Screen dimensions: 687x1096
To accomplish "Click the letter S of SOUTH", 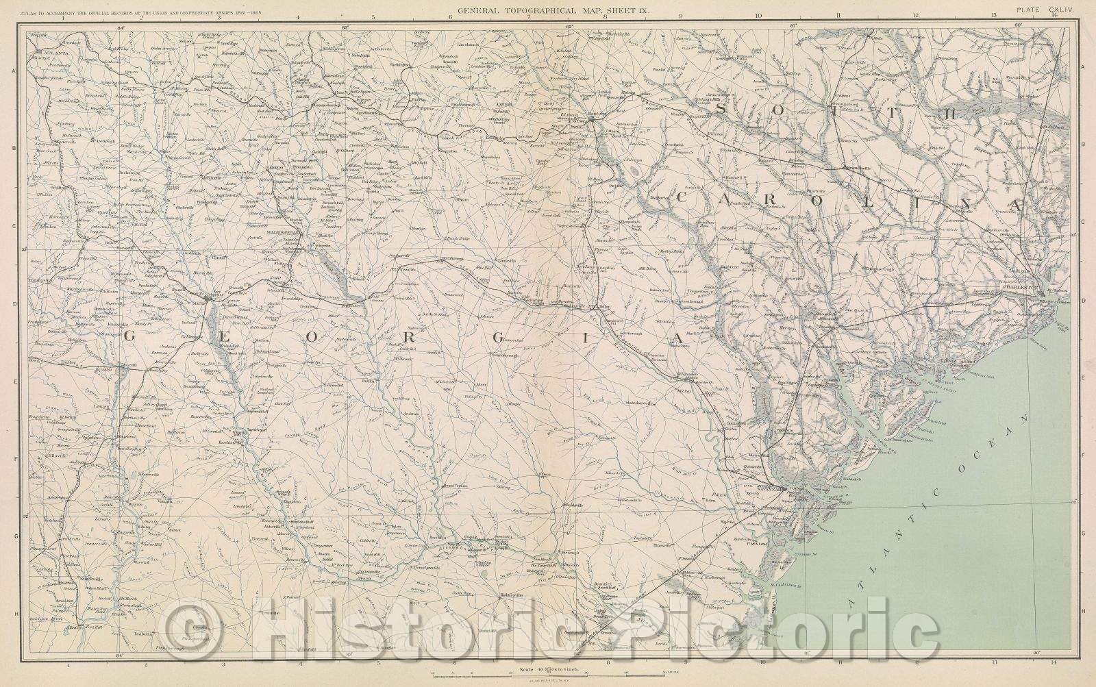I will coord(719,110).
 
